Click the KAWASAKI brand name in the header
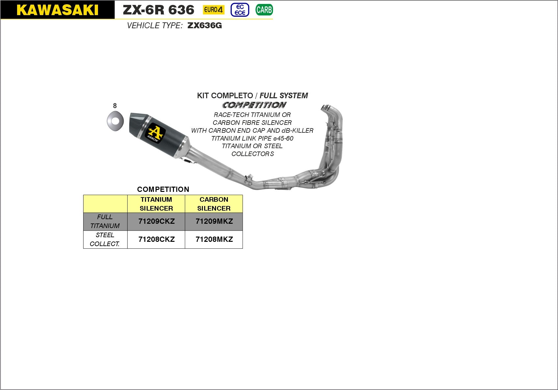click(x=57, y=10)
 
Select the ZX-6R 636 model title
click(x=158, y=10)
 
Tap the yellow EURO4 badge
click(x=214, y=10)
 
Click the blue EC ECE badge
click(x=240, y=10)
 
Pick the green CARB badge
click(x=264, y=10)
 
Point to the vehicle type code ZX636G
click(x=205, y=26)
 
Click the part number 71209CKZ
click(x=156, y=221)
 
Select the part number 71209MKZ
click(x=214, y=221)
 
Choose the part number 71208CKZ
click(x=156, y=240)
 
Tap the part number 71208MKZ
click(x=214, y=240)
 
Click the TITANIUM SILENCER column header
click(x=156, y=204)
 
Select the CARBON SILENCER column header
click(x=214, y=204)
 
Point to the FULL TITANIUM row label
click(x=105, y=221)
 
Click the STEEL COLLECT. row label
click(x=105, y=240)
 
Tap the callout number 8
click(x=115, y=106)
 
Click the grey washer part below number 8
click(x=115, y=121)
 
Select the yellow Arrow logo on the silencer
click(x=155, y=133)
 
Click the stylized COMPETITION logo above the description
click(x=254, y=105)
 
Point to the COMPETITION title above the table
click(x=163, y=189)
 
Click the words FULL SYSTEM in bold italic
click(x=284, y=96)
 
